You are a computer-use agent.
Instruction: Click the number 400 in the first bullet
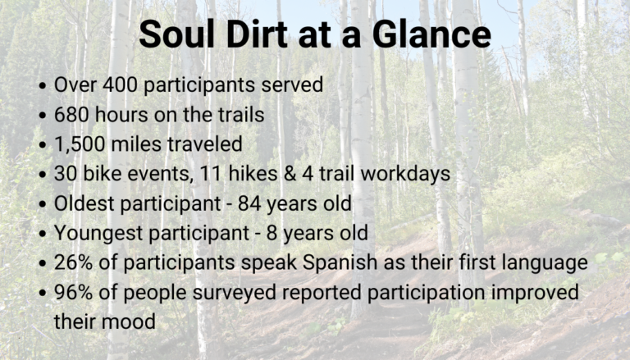tap(120, 84)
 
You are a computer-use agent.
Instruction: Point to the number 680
tap(72, 115)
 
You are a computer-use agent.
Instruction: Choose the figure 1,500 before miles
tap(80, 144)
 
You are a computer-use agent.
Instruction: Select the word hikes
tap(253, 174)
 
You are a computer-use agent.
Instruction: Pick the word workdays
tap(405, 174)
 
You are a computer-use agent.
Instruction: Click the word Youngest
tap(99, 234)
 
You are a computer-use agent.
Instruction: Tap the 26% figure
tap(75, 262)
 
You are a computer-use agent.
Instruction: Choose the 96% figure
tap(75, 293)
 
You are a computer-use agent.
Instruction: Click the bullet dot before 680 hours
tap(43, 116)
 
